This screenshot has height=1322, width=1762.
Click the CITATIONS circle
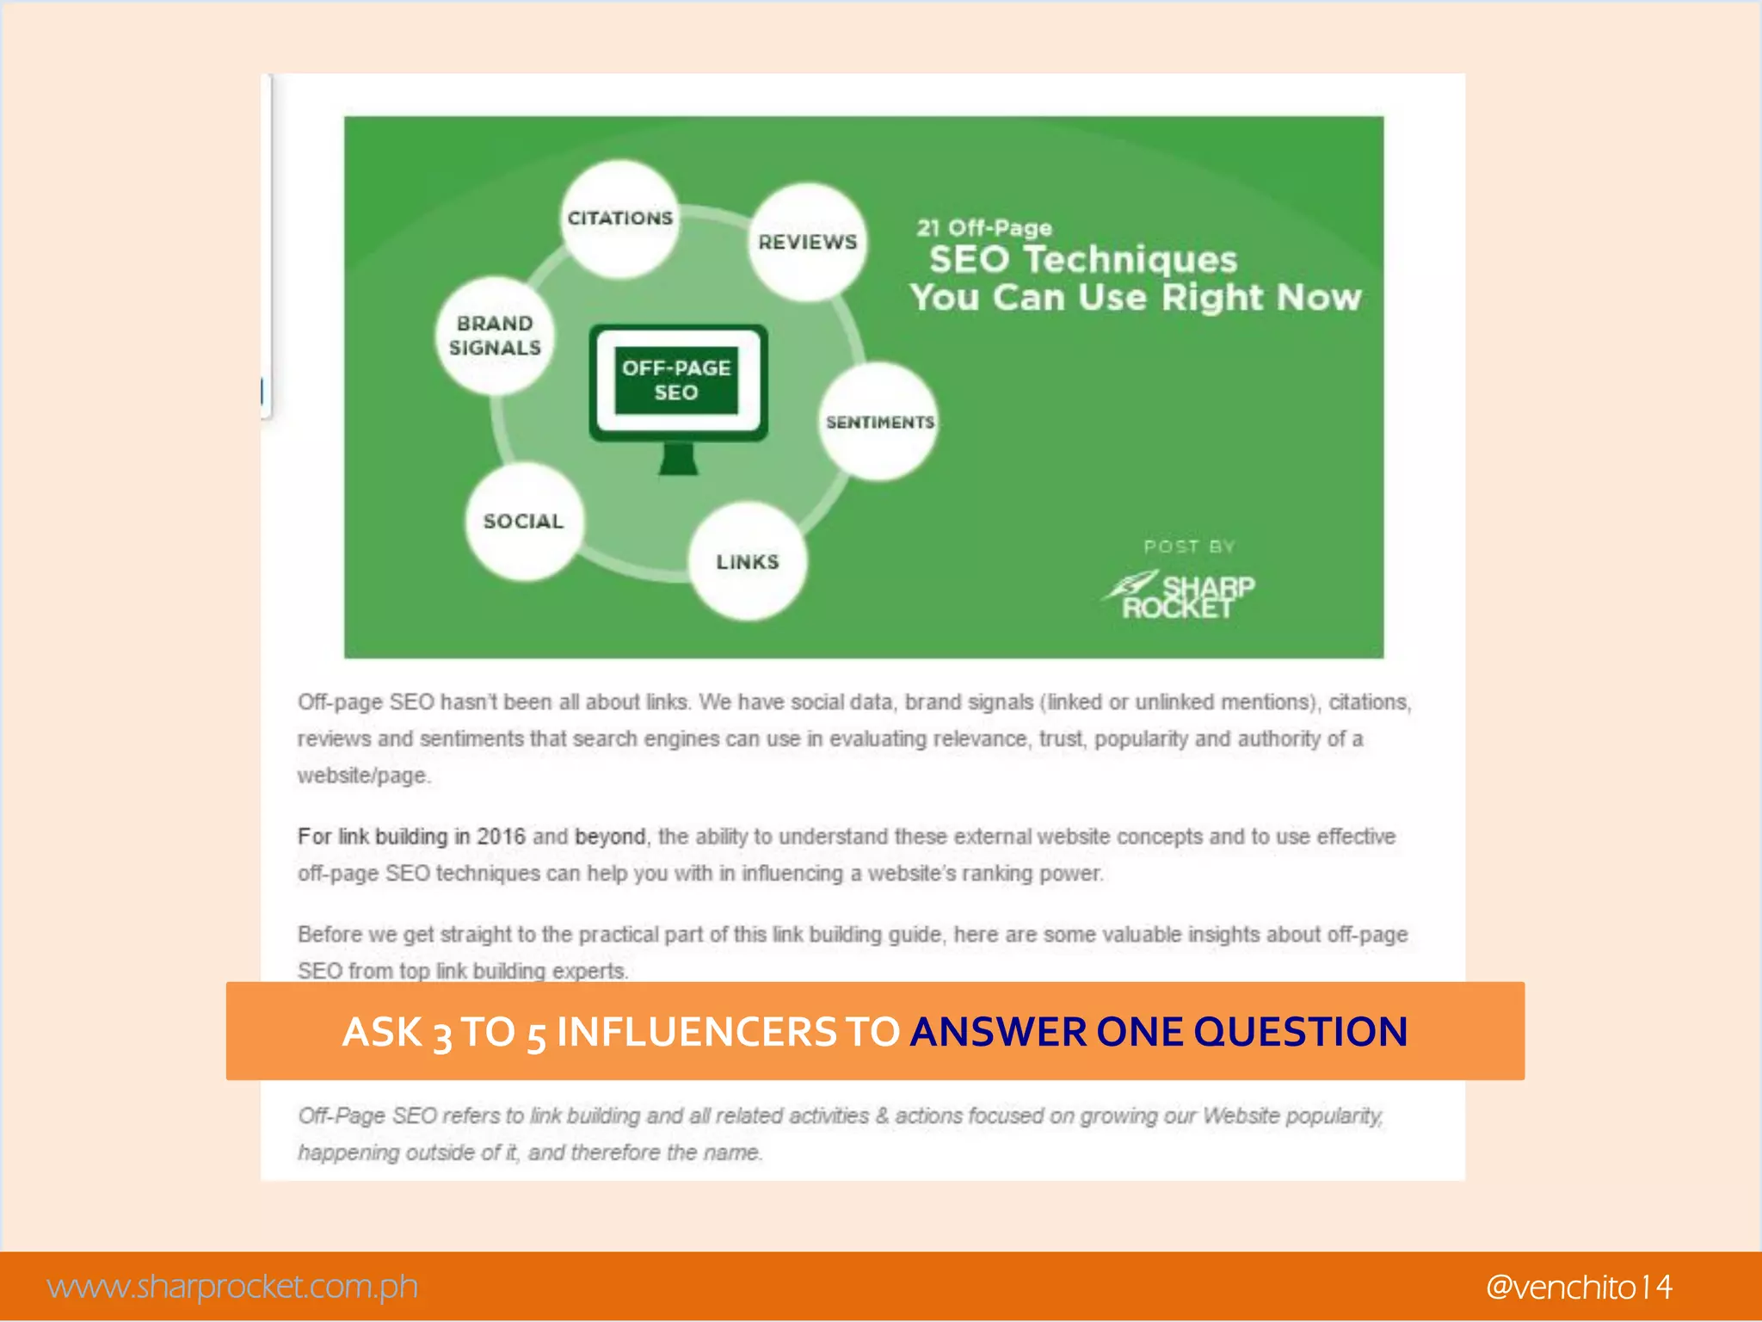pyautogui.click(x=619, y=219)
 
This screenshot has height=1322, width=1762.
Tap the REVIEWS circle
pyautogui.click(x=807, y=242)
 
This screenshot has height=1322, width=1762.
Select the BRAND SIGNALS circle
pyautogui.click(x=495, y=336)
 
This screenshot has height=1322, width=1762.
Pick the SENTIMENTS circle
pyautogui.click(x=879, y=422)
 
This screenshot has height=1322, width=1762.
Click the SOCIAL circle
pyautogui.click(x=523, y=522)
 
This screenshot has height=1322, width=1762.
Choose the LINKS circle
pyautogui.click(x=748, y=562)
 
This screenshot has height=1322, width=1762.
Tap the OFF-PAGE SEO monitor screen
pyautogui.click(x=677, y=380)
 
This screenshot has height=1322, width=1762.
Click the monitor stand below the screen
pyautogui.click(x=678, y=460)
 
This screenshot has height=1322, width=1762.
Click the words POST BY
pyautogui.click(x=1189, y=547)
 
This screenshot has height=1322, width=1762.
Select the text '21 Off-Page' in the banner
pyautogui.click(x=984, y=228)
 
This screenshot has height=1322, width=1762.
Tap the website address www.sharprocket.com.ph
pyautogui.click(x=232, y=1287)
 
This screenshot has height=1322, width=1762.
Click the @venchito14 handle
pyautogui.click(x=1579, y=1287)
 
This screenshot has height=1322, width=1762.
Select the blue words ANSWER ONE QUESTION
pyautogui.click(x=1158, y=1031)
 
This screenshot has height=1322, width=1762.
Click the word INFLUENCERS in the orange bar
pyautogui.click(x=695, y=1031)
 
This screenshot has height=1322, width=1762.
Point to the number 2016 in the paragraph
pyautogui.click(x=501, y=837)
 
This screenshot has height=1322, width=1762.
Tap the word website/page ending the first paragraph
pyautogui.click(x=363, y=775)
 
